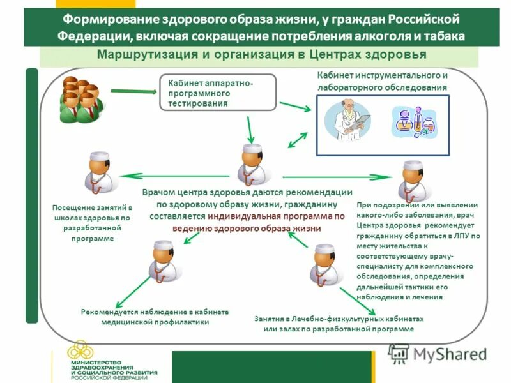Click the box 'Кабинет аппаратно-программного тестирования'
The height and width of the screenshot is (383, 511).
pyautogui.click(x=218, y=93)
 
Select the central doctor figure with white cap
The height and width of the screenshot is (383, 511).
pyautogui.click(x=248, y=165)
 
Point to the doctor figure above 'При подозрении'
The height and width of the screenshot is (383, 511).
pyautogui.click(x=409, y=180)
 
